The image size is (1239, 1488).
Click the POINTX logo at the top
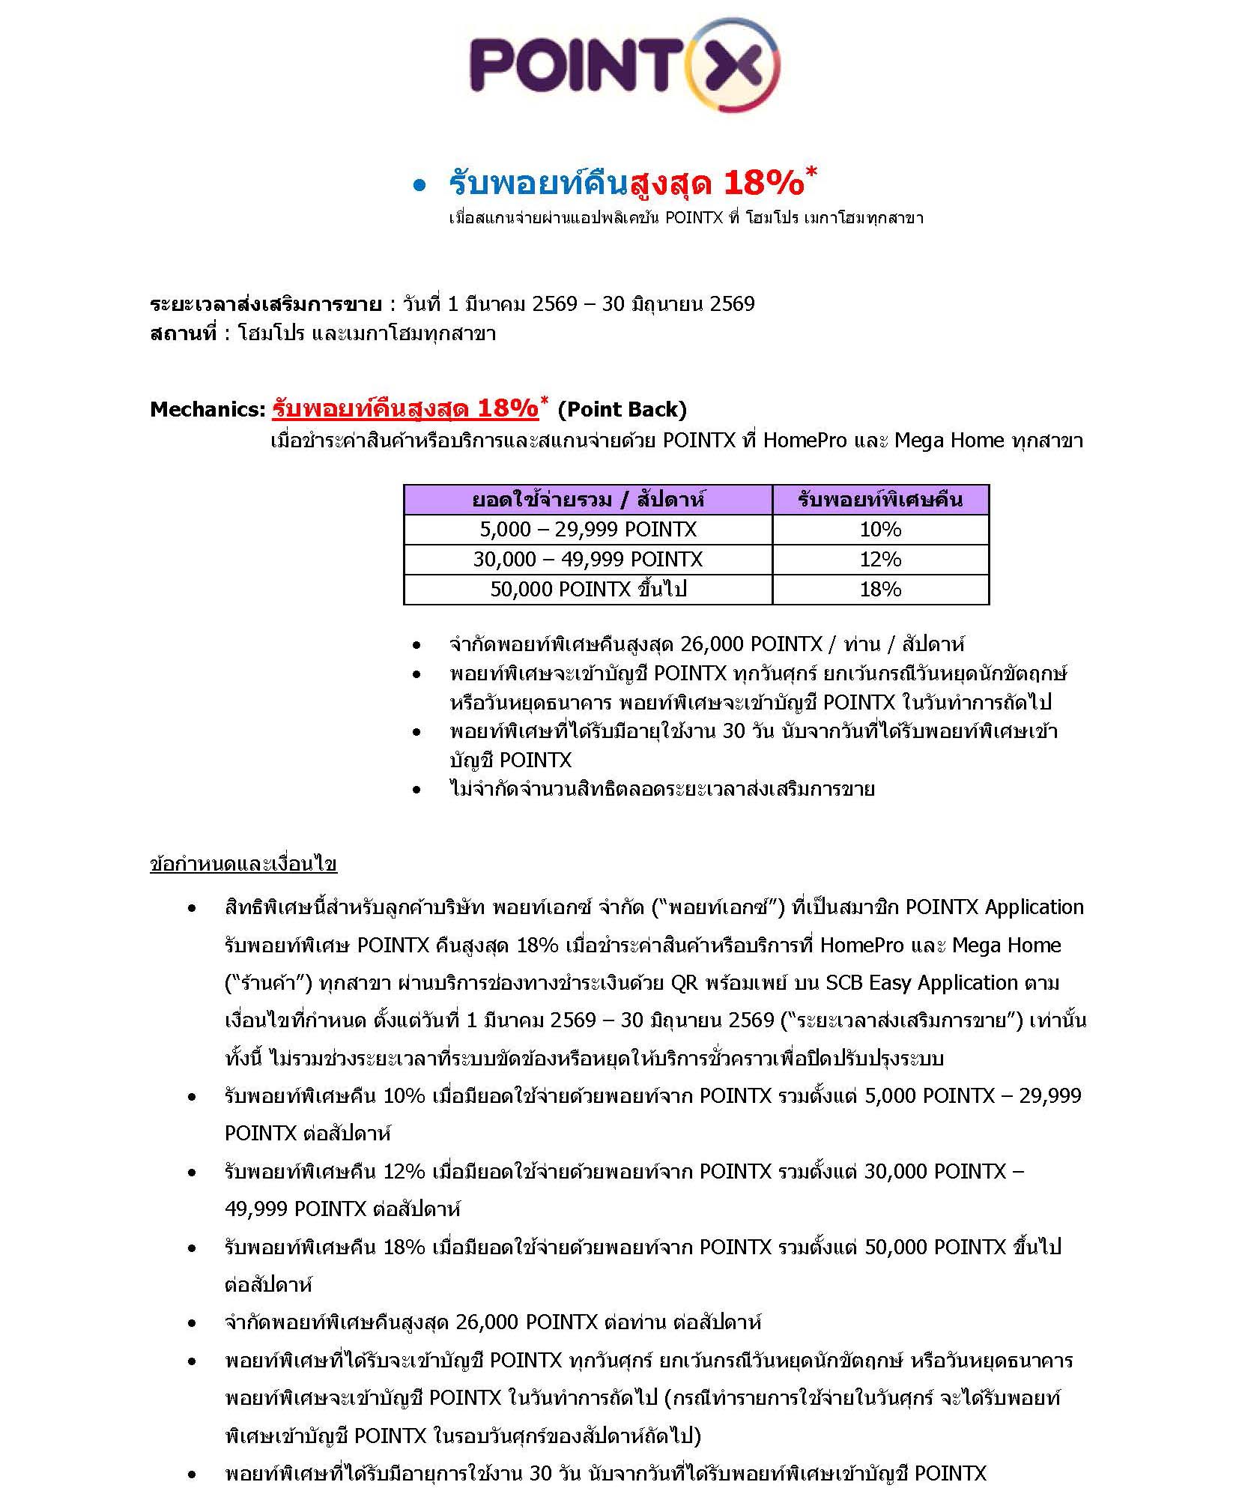[624, 66]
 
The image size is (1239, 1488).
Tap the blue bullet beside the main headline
[419, 185]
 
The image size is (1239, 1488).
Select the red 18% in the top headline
[763, 183]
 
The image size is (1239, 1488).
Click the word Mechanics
[207, 409]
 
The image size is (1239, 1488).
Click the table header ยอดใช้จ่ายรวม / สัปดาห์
[587, 500]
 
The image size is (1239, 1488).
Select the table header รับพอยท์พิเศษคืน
[880, 500]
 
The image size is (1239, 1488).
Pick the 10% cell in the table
[880, 530]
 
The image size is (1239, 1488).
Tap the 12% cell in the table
[880, 560]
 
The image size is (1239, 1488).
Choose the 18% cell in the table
[880, 590]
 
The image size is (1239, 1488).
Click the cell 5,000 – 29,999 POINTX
[587, 530]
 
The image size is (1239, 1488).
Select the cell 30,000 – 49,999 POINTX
[587, 560]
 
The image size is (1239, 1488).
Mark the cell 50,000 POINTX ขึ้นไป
[587, 590]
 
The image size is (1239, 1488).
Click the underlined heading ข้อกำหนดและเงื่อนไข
[243, 864]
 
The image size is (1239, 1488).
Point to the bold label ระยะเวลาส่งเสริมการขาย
[265, 304]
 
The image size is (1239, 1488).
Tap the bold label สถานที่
[184, 333]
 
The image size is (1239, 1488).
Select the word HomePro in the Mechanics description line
[805, 440]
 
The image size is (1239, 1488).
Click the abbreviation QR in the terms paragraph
[684, 982]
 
